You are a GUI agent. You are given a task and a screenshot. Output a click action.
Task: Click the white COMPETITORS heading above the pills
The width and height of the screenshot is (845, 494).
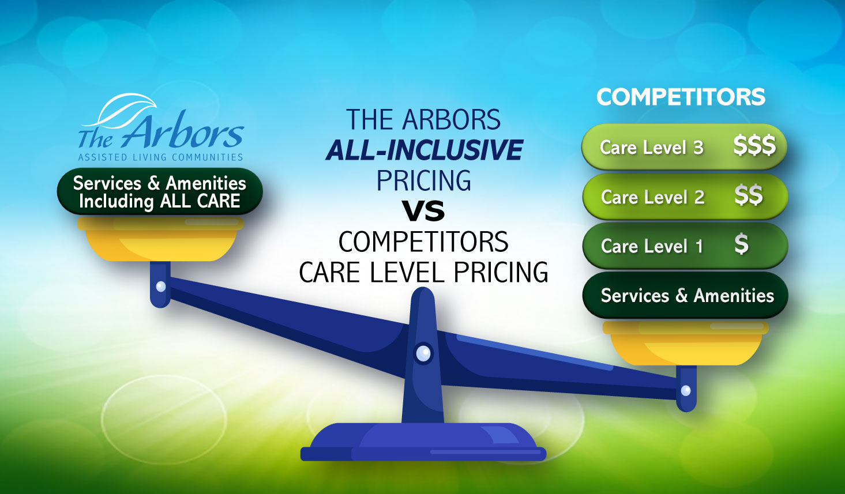pos(681,97)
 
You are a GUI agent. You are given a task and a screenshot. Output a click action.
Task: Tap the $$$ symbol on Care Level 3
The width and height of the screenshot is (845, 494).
pos(754,146)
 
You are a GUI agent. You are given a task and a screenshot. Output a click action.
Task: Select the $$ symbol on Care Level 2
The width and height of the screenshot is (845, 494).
pos(749,195)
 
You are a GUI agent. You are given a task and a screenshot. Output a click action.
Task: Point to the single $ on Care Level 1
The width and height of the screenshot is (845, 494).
pos(742,244)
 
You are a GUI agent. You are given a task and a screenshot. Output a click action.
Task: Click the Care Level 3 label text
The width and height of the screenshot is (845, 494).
pos(652,148)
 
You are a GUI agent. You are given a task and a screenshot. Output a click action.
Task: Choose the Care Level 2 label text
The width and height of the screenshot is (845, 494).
pos(653,197)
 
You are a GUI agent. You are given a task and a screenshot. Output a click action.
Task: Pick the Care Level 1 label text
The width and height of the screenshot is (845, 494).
pos(652,246)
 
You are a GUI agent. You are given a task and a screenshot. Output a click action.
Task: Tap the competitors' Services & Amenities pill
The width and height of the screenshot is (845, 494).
pos(685,295)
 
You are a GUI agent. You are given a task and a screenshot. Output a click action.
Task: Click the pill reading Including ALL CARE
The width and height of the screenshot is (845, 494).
pos(160,191)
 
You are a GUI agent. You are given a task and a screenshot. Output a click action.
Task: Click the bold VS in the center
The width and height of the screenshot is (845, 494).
pos(423,210)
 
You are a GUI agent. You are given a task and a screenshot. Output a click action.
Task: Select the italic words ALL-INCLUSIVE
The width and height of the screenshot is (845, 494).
pos(424,150)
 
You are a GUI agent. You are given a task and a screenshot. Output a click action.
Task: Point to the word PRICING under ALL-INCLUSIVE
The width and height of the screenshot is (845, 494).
pos(423,180)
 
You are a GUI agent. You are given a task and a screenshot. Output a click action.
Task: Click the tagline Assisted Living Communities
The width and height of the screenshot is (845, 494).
pos(160,157)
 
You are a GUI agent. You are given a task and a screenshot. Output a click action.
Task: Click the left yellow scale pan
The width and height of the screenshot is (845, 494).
pos(161,239)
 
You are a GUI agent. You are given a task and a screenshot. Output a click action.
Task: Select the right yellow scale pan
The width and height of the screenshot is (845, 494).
pos(685,343)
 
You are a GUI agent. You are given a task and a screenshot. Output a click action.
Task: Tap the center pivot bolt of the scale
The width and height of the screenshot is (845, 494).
pos(423,353)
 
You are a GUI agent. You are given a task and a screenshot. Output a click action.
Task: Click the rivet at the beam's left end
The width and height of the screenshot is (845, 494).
pos(161,286)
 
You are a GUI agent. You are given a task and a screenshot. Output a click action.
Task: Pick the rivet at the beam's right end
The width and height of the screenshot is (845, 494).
pos(686,390)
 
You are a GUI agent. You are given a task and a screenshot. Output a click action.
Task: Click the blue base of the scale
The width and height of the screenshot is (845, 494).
pos(423,441)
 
